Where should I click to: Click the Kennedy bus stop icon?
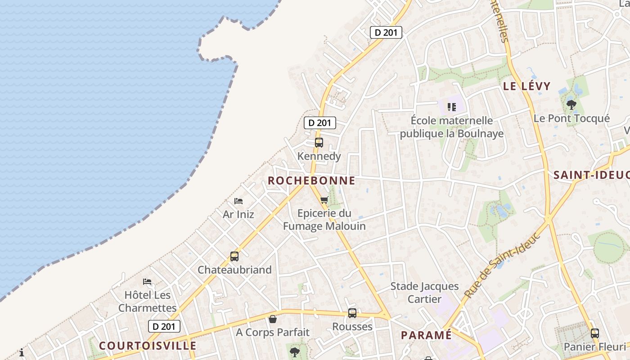319,143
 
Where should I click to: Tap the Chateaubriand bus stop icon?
234,256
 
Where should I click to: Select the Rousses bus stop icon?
352,313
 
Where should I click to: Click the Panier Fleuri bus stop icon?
595,333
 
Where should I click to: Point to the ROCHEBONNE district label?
311,181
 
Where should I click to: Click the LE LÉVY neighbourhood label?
526,86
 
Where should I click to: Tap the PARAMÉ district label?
426,335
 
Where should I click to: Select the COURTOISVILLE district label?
148,346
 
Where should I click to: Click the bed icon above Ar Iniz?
238,201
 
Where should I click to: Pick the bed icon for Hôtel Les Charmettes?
147,282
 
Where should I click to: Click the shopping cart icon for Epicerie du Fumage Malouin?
324,200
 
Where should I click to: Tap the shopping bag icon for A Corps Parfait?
272,319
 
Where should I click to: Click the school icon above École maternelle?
452,107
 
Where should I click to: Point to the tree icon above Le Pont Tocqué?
571,105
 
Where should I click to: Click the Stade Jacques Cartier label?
424,292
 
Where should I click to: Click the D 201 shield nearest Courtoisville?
164,326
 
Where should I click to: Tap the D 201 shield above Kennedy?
319,123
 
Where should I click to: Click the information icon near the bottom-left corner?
22,352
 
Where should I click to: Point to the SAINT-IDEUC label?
591,175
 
